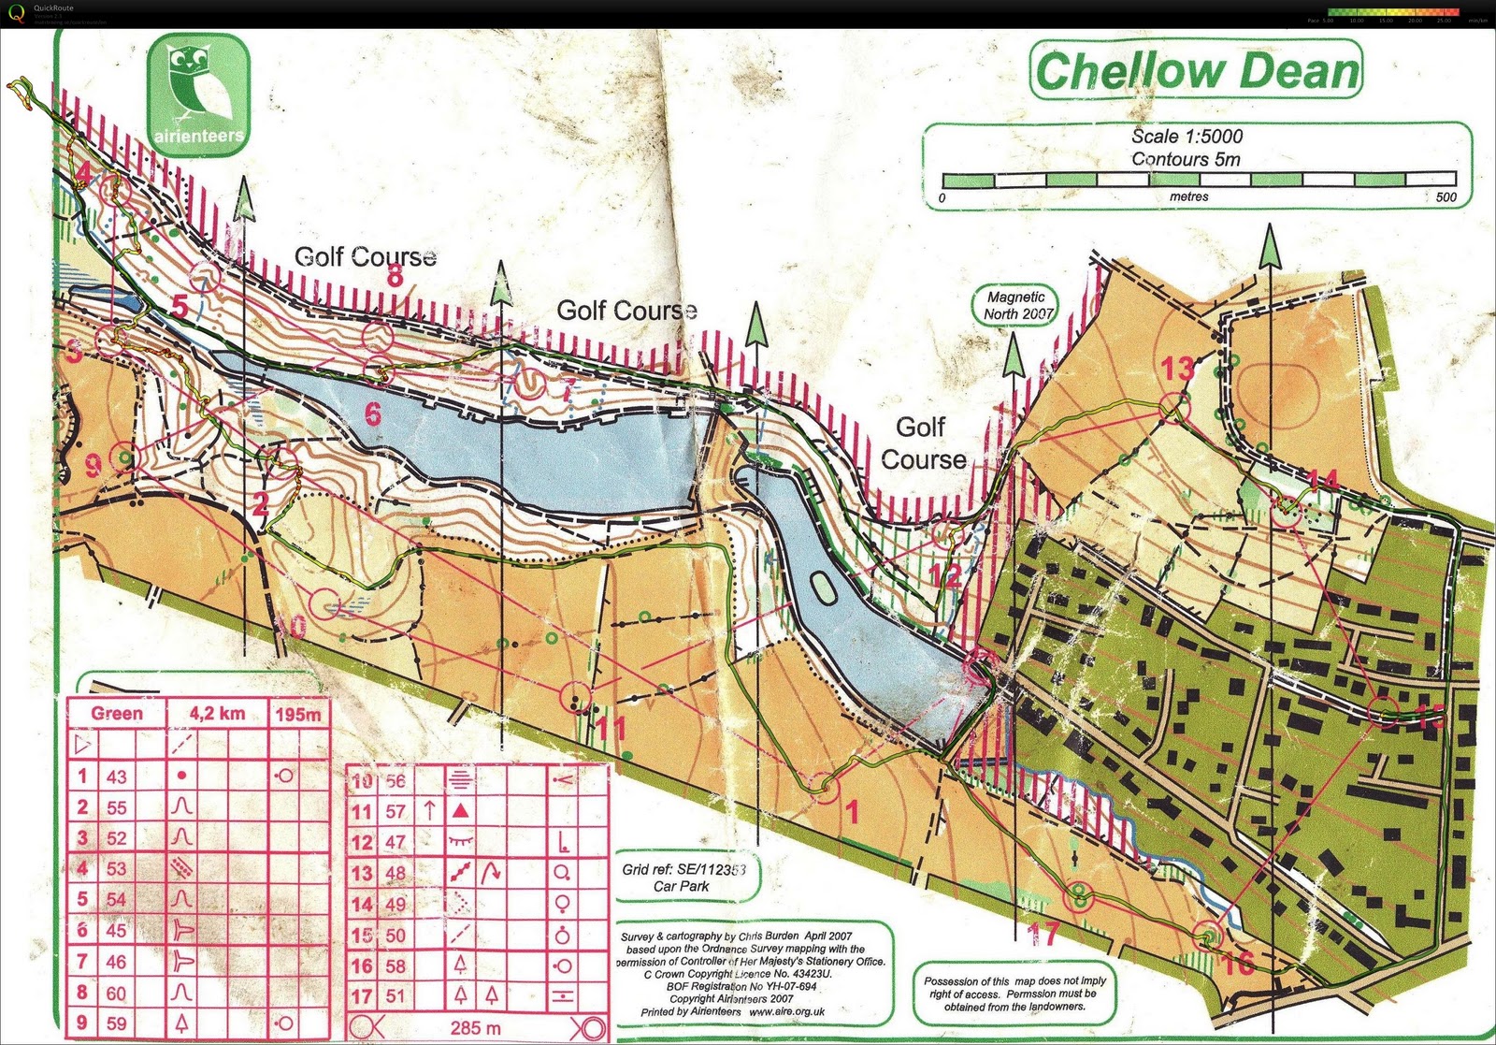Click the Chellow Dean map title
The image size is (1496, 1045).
pyautogui.click(x=1197, y=71)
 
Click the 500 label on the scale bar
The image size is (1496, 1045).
pyautogui.click(x=1446, y=197)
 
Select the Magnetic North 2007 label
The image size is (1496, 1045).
pyautogui.click(x=1017, y=305)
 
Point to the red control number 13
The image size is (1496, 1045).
pyautogui.click(x=1177, y=369)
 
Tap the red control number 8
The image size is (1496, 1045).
pyautogui.click(x=395, y=276)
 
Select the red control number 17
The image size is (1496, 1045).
pyautogui.click(x=1043, y=933)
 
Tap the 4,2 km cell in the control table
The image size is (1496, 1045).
pyautogui.click(x=217, y=714)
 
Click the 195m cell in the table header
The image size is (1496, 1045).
pyautogui.click(x=298, y=715)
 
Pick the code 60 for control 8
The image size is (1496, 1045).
pyautogui.click(x=116, y=993)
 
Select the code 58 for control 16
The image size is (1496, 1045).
pyautogui.click(x=396, y=965)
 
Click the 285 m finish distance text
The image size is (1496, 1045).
pyautogui.click(x=475, y=1028)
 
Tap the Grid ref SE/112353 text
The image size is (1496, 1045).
pyautogui.click(x=683, y=869)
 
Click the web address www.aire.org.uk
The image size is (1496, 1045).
pyautogui.click(x=785, y=1011)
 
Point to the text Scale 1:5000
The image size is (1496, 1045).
pyautogui.click(x=1187, y=137)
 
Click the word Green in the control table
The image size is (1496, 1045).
pyautogui.click(x=117, y=714)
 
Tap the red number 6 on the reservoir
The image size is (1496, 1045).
pyautogui.click(x=373, y=413)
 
